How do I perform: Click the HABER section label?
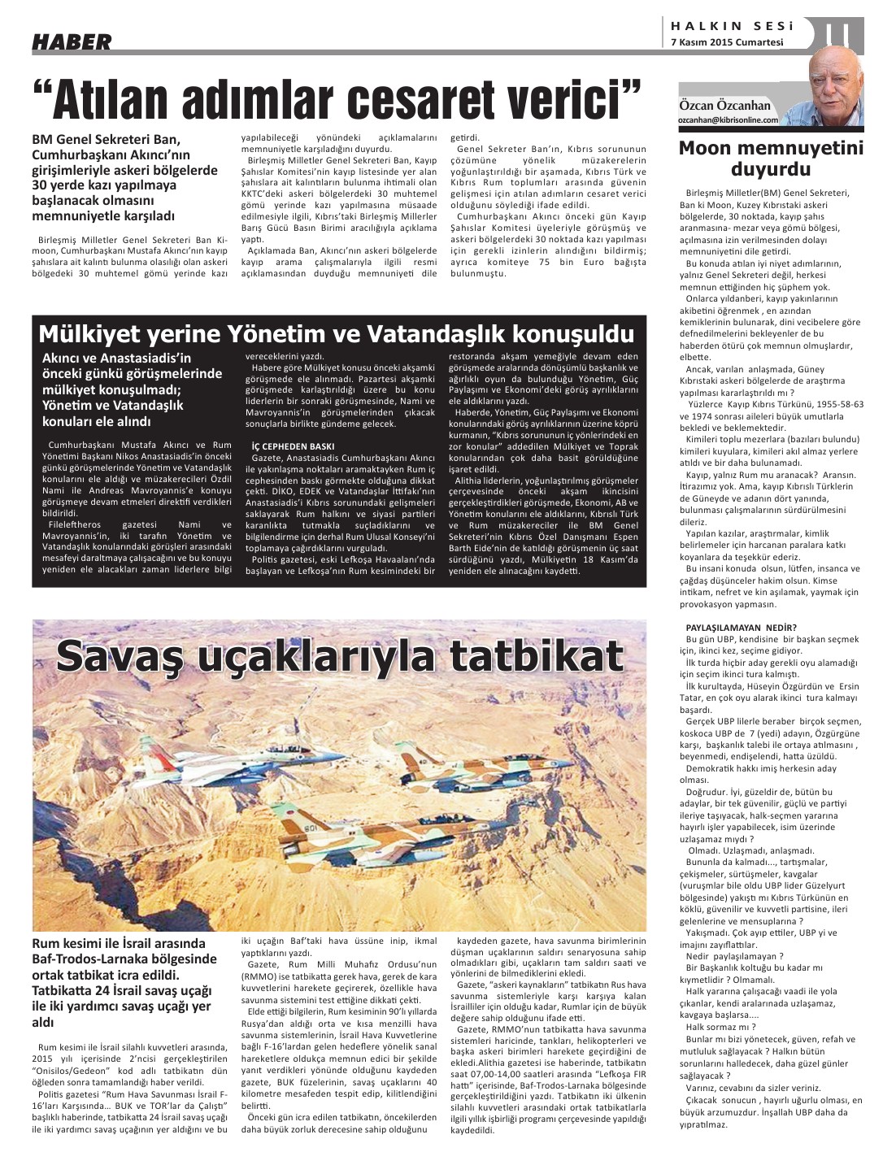pos(72,42)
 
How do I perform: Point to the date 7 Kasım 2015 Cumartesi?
pos(727,42)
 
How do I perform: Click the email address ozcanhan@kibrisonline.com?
pos(729,120)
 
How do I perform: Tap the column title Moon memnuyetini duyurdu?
pos(771,159)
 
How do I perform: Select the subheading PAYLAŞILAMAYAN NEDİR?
pos(730,627)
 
